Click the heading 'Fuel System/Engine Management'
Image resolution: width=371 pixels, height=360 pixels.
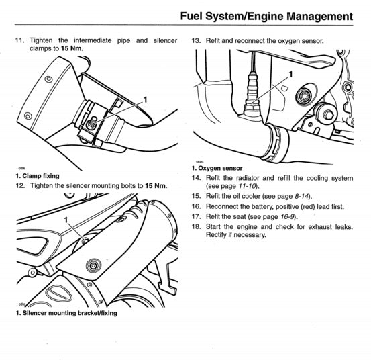266,16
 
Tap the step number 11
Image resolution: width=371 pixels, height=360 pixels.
19,41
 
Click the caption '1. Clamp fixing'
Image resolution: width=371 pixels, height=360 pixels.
38,176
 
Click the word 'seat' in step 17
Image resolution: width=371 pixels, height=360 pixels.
244,216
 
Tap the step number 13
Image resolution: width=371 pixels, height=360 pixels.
196,41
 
